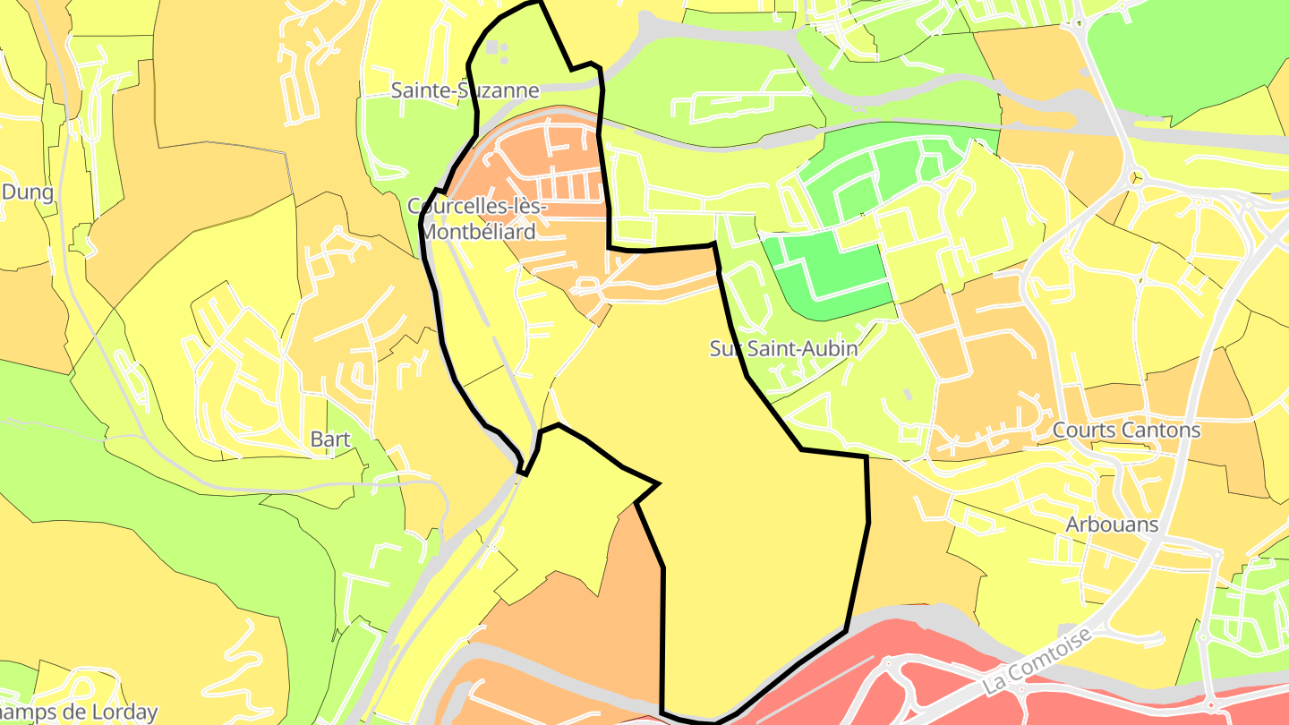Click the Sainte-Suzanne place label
[465, 90]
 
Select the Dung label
[28, 192]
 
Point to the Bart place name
[330, 439]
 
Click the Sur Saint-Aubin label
[783, 349]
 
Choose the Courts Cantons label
[1126, 430]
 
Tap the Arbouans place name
[1113, 525]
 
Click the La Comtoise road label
[1038, 661]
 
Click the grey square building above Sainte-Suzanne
[493, 47]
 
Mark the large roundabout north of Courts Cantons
[1134, 175]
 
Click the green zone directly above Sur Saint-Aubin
[837, 273]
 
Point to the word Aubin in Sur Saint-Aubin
[828, 349]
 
